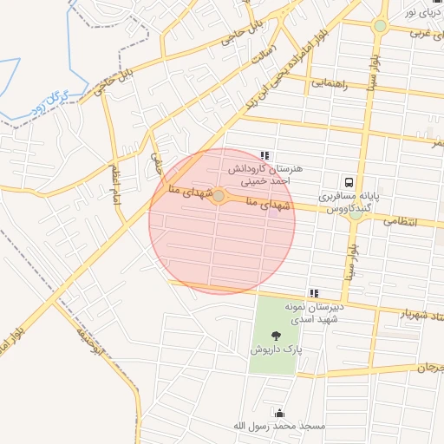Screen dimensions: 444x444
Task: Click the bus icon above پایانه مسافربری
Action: (x=349, y=183)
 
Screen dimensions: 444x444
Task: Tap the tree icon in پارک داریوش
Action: (x=276, y=335)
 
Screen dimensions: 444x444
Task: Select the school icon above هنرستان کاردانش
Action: (x=264, y=155)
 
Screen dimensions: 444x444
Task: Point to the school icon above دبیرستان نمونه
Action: (x=314, y=293)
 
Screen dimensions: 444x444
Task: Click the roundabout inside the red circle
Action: (x=219, y=197)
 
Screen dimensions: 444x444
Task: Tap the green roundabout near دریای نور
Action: (x=380, y=26)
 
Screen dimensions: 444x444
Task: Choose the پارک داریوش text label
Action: (x=276, y=350)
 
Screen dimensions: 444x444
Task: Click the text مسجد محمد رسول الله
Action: (x=278, y=427)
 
